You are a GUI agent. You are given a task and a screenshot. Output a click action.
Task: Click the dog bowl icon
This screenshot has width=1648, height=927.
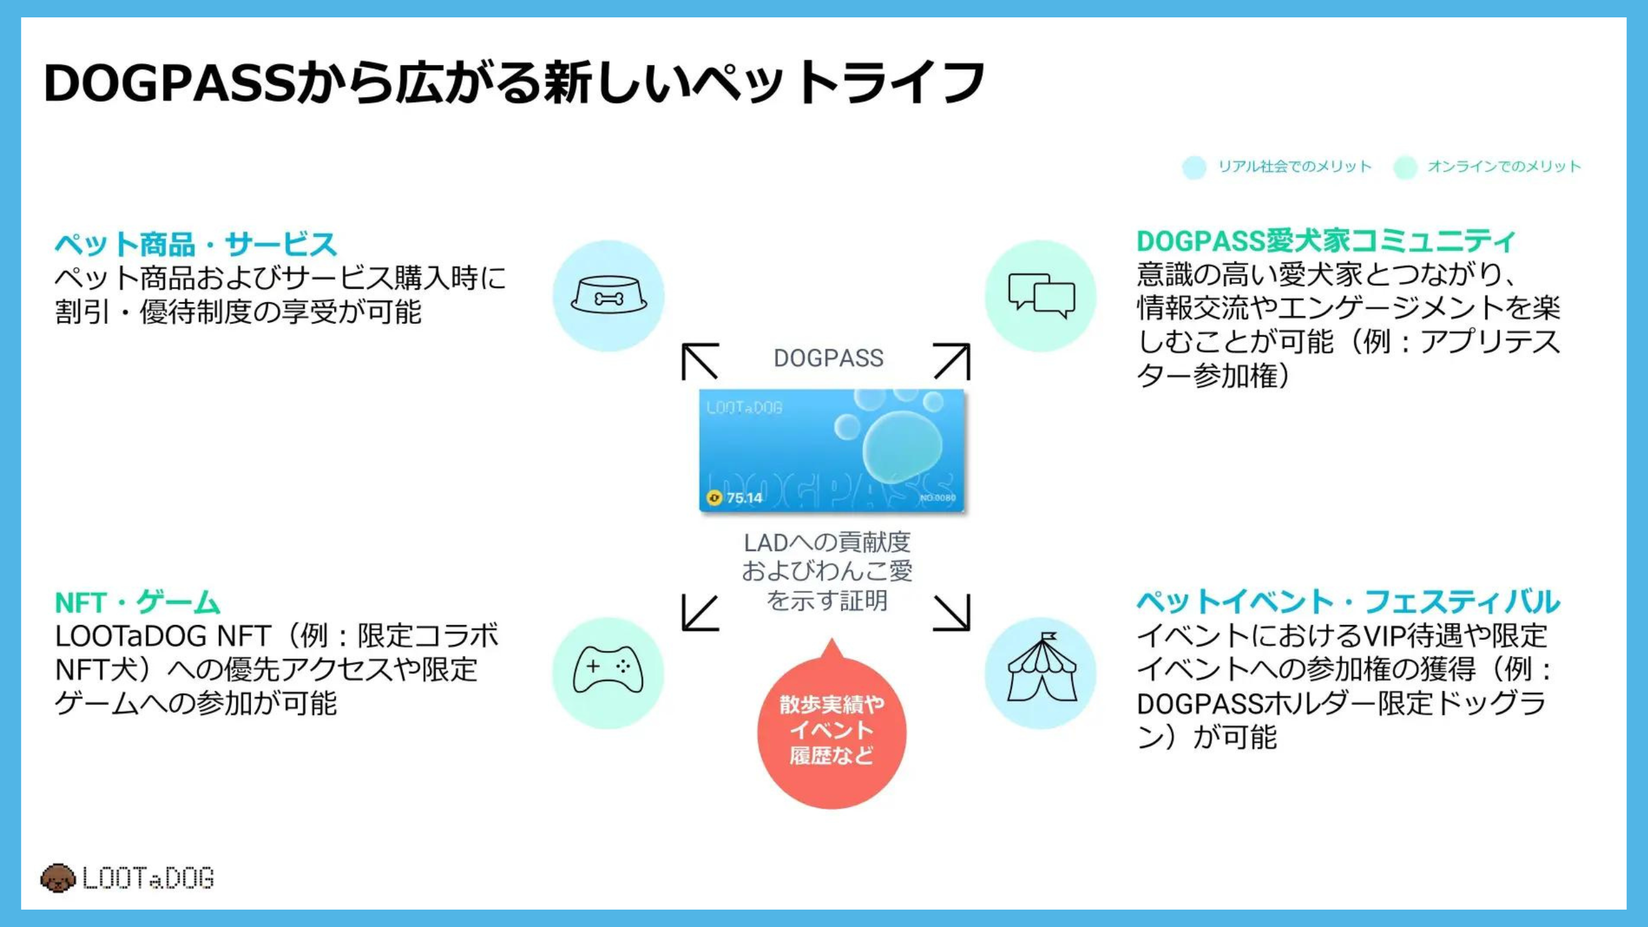[608, 296]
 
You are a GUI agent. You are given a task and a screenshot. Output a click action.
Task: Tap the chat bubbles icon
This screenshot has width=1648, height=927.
[1041, 296]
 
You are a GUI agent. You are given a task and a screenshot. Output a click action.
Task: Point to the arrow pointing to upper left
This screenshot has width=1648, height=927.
[700, 362]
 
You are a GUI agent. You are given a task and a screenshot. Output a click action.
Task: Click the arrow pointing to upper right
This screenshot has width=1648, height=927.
[951, 362]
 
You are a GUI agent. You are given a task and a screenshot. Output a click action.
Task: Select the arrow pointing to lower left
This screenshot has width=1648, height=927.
[700, 612]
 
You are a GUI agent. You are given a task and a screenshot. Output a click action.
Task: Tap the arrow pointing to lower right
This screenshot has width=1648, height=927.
[951, 612]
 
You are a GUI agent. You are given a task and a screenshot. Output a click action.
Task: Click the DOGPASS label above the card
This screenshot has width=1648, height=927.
[829, 359]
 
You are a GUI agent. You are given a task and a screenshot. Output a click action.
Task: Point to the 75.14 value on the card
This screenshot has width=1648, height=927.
[745, 498]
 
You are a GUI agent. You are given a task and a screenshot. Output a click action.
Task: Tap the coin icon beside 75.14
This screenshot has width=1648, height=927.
[714, 498]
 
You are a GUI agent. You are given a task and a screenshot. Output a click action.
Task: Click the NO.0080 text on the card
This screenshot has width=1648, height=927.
[937, 498]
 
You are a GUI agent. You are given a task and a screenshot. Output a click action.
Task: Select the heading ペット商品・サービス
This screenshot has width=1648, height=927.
[196, 245]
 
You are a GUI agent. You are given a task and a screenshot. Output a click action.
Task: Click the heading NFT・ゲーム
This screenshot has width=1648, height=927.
[138, 603]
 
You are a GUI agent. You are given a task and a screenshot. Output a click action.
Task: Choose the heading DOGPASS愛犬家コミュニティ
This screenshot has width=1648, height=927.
[1326, 242]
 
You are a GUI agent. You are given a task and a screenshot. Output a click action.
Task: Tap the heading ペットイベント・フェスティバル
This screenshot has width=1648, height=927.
[1348, 603]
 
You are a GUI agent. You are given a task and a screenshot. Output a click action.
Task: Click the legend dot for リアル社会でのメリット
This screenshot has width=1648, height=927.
[1194, 167]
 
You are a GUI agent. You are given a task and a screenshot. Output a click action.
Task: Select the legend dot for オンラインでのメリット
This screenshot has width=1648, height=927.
[1405, 167]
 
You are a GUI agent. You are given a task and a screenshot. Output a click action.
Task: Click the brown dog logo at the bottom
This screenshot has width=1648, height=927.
[58, 878]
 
